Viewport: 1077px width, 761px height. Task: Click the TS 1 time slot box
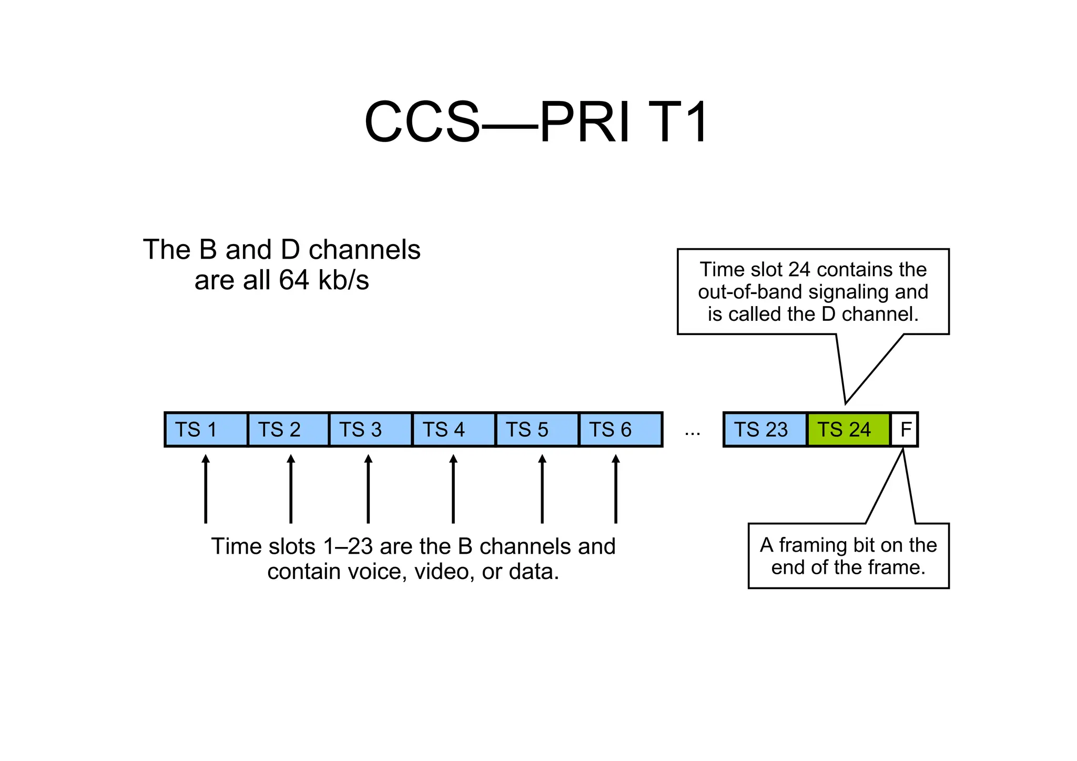click(x=206, y=430)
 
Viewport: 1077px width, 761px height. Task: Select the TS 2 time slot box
click(x=288, y=430)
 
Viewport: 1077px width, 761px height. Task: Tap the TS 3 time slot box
click(x=370, y=430)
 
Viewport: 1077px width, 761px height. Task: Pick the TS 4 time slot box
click(x=454, y=430)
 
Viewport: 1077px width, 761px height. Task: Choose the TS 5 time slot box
click(x=537, y=430)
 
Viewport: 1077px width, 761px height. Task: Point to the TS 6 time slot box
click(x=621, y=430)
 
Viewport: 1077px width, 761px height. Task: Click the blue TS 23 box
click(x=765, y=430)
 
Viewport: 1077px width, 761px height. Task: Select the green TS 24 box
click(x=848, y=430)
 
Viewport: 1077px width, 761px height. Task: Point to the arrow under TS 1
click(x=206, y=489)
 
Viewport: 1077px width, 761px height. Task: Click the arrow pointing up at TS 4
click(x=453, y=489)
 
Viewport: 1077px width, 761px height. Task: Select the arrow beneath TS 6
click(x=616, y=489)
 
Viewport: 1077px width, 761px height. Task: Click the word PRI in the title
click(x=585, y=123)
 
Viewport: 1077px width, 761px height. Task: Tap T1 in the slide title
click(x=679, y=123)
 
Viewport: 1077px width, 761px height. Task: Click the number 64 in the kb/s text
click(x=293, y=280)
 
